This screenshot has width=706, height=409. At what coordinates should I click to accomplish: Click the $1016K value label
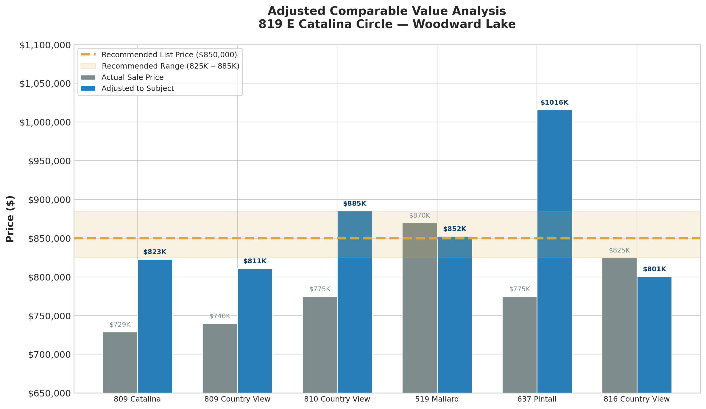pyautogui.click(x=554, y=103)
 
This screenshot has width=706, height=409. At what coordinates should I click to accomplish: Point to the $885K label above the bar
pyautogui.click(x=354, y=204)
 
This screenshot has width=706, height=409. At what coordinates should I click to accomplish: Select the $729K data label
pyautogui.click(x=120, y=325)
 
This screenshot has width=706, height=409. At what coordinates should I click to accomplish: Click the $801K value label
pyautogui.click(x=654, y=269)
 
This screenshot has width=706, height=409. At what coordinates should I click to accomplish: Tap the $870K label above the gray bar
pyautogui.click(x=419, y=216)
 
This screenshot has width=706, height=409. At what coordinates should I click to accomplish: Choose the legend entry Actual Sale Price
pyautogui.click(x=132, y=78)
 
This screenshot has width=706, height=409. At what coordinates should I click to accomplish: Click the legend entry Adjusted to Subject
pyautogui.click(x=138, y=89)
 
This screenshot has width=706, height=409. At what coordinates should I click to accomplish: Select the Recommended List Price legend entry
pyautogui.click(x=169, y=55)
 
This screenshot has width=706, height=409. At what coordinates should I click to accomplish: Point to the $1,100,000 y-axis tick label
pyautogui.click(x=45, y=45)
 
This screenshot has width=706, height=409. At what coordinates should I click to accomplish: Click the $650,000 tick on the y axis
pyautogui.click(x=49, y=393)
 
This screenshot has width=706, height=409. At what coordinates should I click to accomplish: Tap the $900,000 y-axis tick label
pyautogui.click(x=49, y=200)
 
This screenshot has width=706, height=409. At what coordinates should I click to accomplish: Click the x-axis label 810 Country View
pyautogui.click(x=337, y=399)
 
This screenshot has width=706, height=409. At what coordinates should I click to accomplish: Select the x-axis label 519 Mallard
pyautogui.click(x=437, y=399)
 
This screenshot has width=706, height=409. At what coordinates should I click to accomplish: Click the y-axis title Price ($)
pyautogui.click(x=10, y=219)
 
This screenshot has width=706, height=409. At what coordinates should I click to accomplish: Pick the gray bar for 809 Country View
pyautogui.click(x=220, y=358)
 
